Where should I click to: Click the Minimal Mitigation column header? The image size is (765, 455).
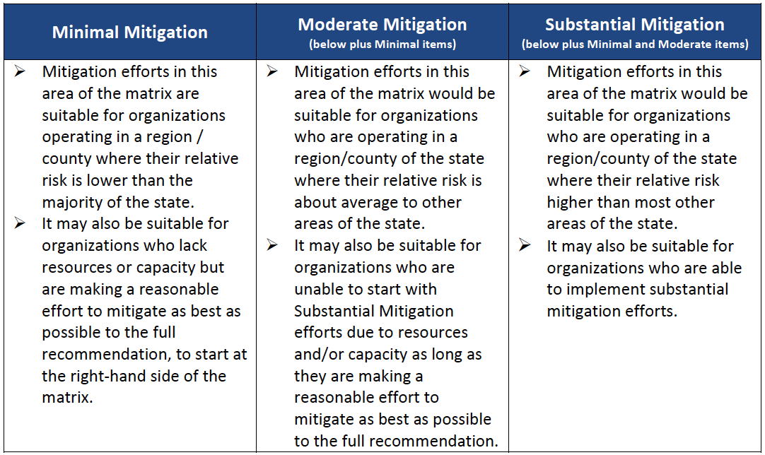click(x=130, y=32)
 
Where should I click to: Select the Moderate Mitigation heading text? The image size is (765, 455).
click(x=382, y=25)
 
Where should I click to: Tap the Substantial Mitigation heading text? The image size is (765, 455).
click(x=635, y=25)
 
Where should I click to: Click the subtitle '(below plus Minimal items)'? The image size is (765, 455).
click(x=382, y=45)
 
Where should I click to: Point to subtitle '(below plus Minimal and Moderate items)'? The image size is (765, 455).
click(x=635, y=45)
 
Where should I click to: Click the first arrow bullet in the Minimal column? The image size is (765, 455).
click(x=20, y=71)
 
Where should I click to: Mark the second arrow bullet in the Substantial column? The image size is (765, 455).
click(x=525, y=245)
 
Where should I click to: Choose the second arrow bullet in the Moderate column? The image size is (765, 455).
click(x=272, y=245)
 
